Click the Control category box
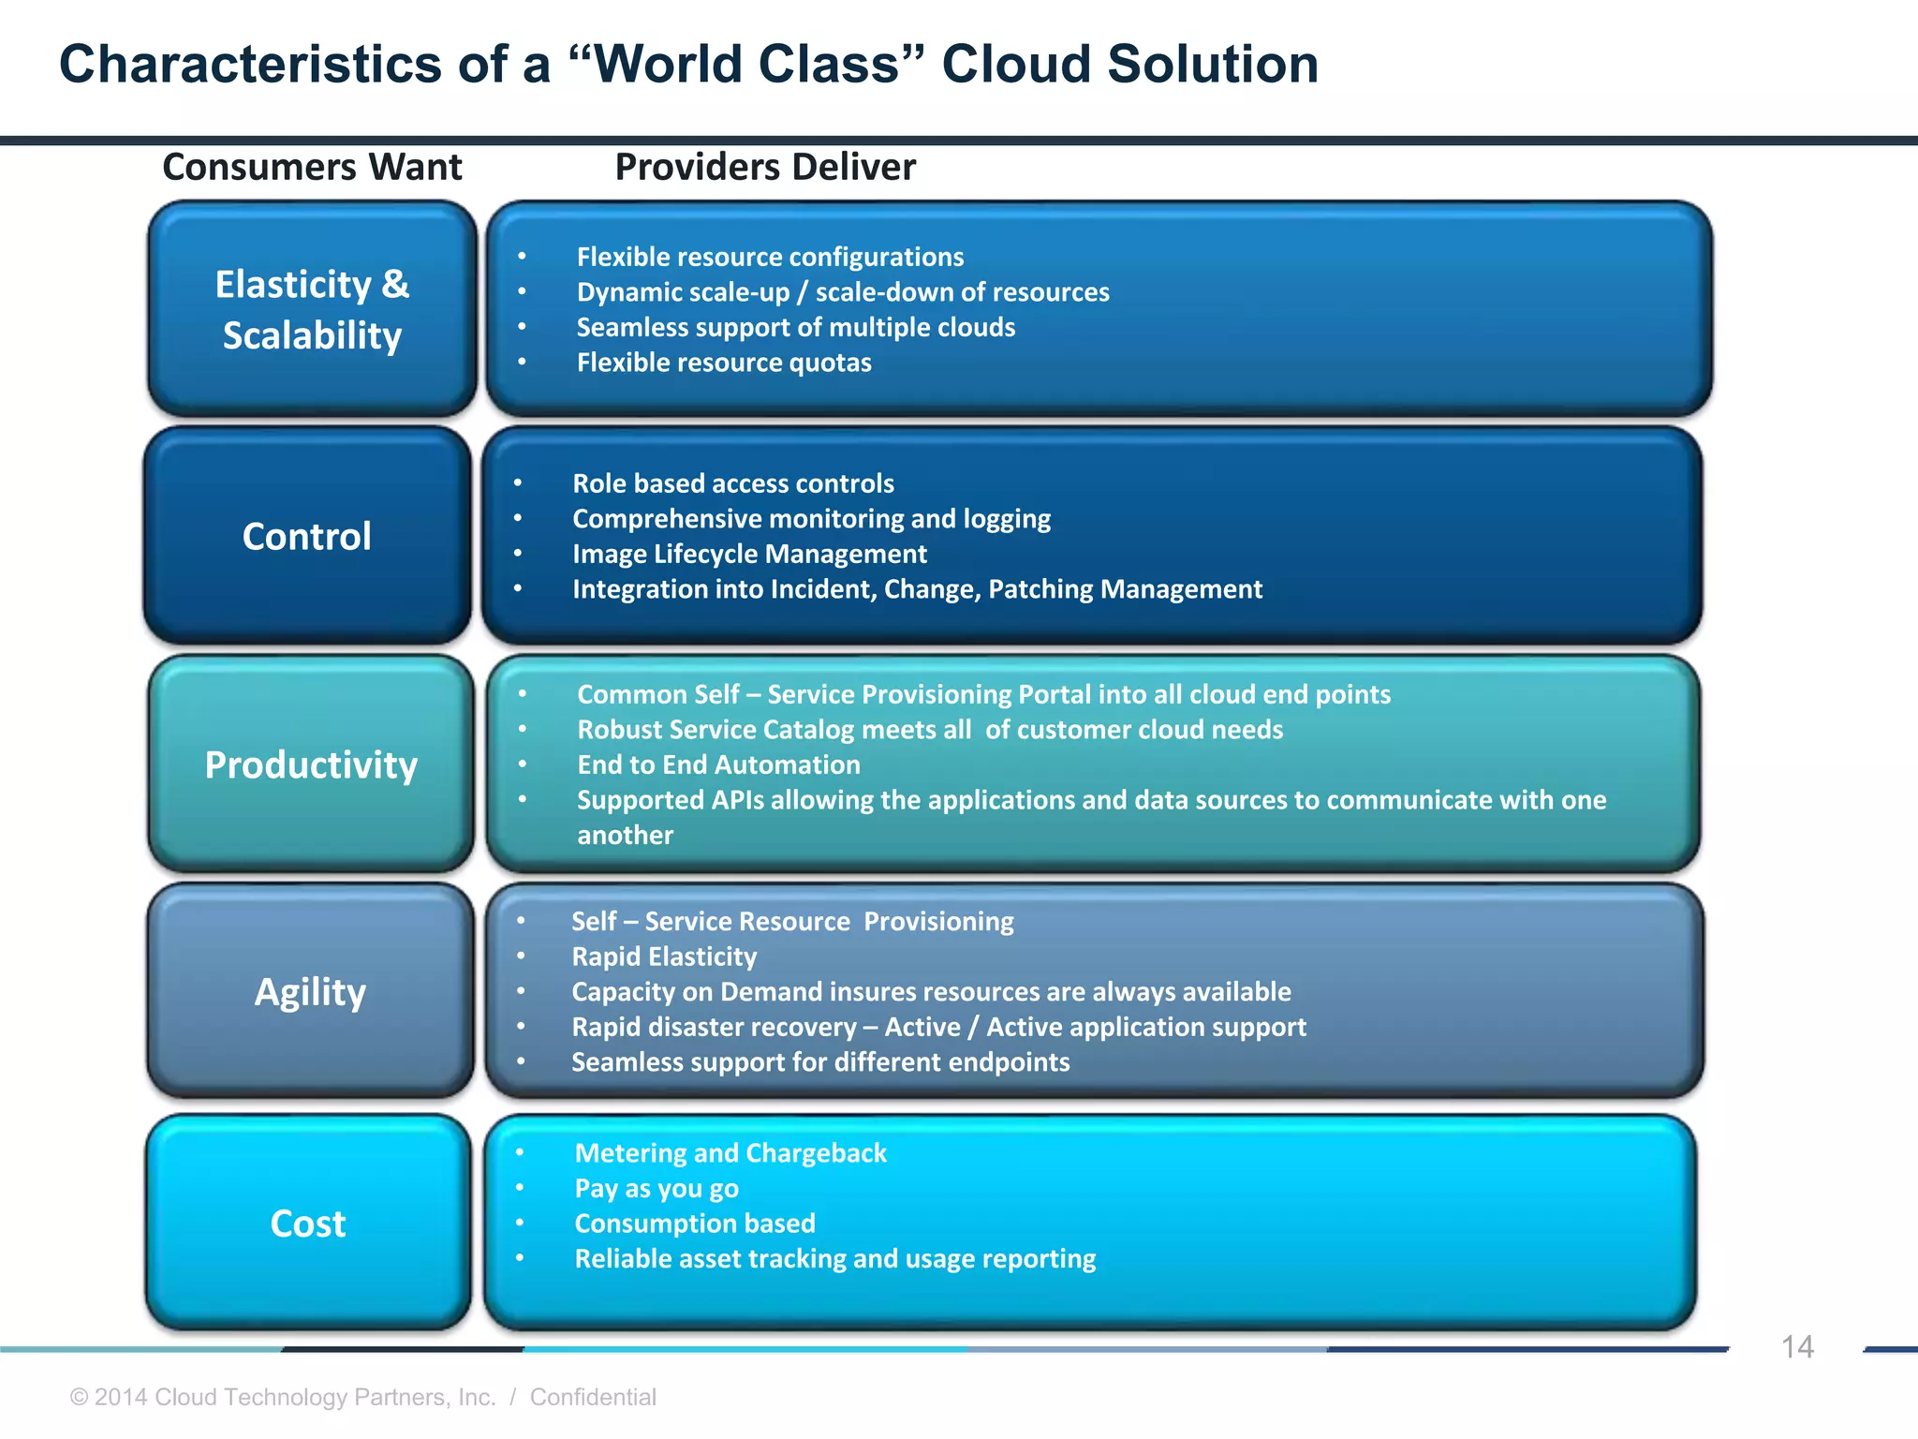click(307, 536)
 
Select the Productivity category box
click(311, 764)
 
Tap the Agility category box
click(310, 991)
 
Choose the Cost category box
click(308, 1223)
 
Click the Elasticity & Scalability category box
click(312, 309)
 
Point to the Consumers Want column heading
click(312, 167)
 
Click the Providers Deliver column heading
click(765, 167)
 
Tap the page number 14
click(1796, 1347)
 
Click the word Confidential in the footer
click(593, 1397)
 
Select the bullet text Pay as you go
click(657, 1188)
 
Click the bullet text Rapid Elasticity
click(664, 957)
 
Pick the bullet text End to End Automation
click(718, 764)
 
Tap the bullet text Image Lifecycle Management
click(749, 554)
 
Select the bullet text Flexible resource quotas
click(724, 363)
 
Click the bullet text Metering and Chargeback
click(730, 1153)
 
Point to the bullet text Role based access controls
click(733, 483)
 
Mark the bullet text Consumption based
click(695, 1224)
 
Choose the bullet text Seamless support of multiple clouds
click(796, 327)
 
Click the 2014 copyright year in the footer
click(121, 1397)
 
